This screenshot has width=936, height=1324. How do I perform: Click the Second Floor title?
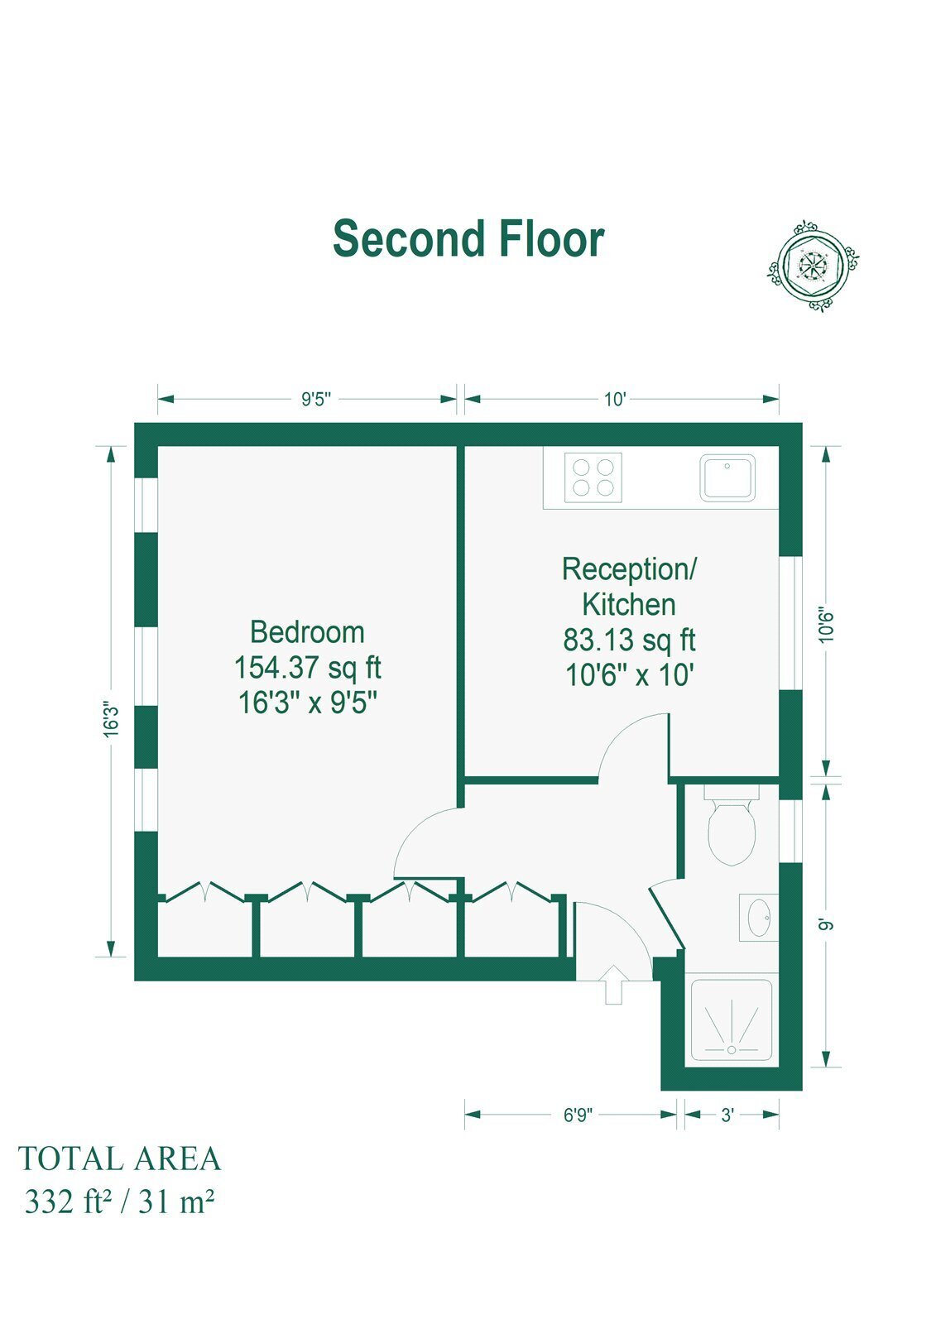point(468,238)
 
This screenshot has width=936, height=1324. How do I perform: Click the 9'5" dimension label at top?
point(316,400)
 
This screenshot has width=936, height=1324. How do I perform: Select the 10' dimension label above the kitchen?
point(614,400)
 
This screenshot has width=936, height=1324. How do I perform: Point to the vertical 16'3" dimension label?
point(111,719)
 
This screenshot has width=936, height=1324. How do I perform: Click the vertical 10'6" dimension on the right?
point(826,626)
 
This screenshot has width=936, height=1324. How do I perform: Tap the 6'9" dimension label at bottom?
point(577,1115)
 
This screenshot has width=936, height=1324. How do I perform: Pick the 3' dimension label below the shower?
point(727,1115)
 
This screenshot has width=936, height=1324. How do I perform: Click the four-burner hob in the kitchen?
point(593,477)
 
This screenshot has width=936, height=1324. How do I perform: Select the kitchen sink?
point(727,478)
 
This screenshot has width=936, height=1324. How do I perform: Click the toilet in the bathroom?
point(732,824)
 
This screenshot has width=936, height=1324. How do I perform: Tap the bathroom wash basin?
point(759,918)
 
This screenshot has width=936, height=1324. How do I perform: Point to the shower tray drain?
point(732,1050)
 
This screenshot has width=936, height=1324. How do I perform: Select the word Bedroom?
point(308,632)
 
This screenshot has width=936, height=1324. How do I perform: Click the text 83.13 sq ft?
point(629,640)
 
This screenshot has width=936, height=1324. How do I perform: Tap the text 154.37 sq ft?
point(308,668)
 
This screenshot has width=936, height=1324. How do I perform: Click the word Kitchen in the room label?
point(628,604)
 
